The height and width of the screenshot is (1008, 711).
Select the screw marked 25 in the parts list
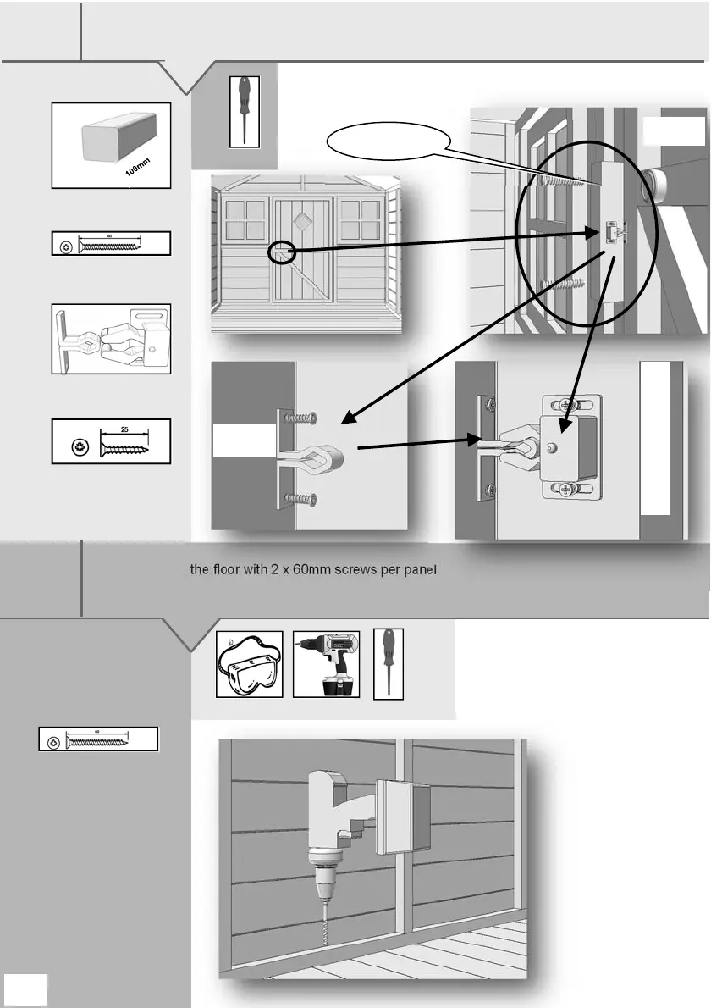(111, 440)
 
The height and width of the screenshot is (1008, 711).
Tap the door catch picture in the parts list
(111, 339)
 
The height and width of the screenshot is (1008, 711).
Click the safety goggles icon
(249, 664)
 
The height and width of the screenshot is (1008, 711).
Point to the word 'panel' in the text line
(418, 570)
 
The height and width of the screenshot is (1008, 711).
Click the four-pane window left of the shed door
(245, 219)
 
